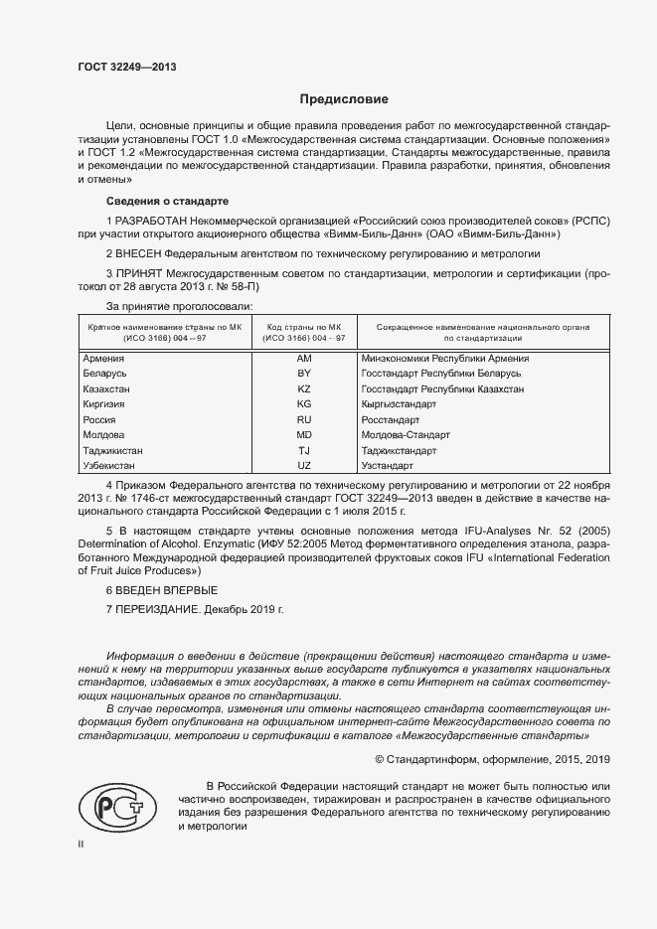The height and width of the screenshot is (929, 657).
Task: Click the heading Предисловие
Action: click(344, 99)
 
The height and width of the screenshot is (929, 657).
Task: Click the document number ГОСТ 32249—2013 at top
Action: click(128, 68)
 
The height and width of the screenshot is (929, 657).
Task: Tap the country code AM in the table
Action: click(305, 359)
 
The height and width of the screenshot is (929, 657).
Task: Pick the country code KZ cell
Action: click(305, 389)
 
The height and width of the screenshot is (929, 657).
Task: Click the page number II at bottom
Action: click(81, 844)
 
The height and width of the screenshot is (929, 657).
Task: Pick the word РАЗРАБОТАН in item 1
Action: click(155, 219)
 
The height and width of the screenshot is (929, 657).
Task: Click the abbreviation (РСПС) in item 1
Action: click(588, 219)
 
